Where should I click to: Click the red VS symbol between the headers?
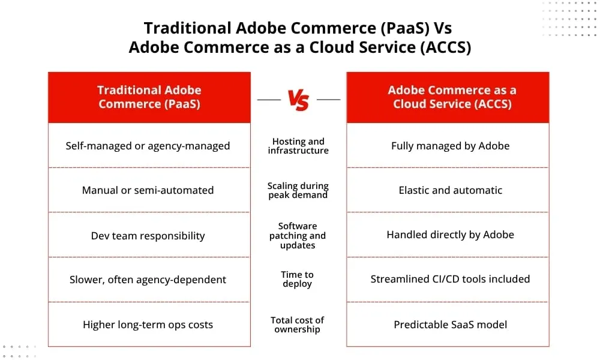pos(298,100)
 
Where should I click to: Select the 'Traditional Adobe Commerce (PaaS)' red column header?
pos(149,97)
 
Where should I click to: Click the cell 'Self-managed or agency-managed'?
pos(148,146)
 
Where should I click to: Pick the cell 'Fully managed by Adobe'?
pos(450,146)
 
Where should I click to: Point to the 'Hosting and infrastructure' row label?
pos(298,146)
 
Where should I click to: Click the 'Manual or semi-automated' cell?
pos(148,190)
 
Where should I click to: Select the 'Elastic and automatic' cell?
pos(450,190)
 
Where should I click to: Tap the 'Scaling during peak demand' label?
pos(298,190)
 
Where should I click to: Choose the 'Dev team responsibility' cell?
pos(148,235)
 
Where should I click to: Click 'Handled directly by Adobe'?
pos(450,235)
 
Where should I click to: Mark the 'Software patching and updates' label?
pos(298,235)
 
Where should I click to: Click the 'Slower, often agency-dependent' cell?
pos(148,280)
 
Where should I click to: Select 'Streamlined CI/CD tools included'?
pos(450,279)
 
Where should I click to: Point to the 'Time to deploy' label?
pos(298,279)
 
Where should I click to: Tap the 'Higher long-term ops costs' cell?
pos(148,325)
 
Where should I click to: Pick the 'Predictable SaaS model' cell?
pos(450,325)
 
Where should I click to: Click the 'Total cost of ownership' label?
pos(298,325)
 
